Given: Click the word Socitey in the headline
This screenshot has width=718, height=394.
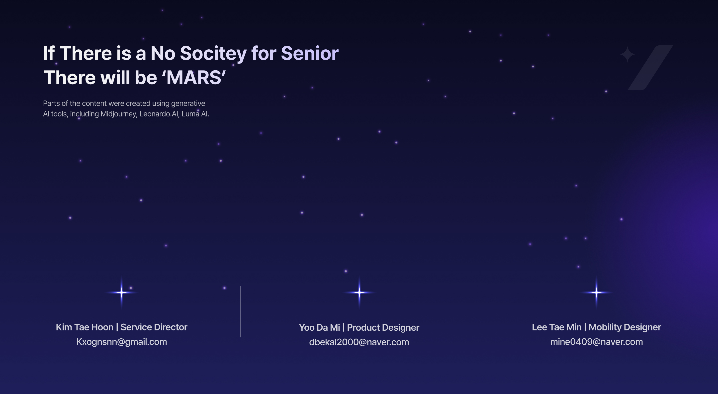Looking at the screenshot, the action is coord(213,54).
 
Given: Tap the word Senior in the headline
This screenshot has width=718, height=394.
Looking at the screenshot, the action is coord(310,53).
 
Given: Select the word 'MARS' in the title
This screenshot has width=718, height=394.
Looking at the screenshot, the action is coord(194,78).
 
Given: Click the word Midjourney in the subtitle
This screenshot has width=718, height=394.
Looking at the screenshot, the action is coord(119,114).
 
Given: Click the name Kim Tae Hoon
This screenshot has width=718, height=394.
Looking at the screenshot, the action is coord(85,327).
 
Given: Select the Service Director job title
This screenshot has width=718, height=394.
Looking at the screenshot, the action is coord(154,327).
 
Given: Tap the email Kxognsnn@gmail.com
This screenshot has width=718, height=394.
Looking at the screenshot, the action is coord(121,342).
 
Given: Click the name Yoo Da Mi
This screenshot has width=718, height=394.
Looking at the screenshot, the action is coord(319,328).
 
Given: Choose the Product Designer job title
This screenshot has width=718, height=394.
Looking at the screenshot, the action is coord(383,328).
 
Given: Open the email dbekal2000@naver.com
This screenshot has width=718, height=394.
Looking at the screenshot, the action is coord(359,342).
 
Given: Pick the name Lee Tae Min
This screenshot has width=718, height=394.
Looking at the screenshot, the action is coord(557,327).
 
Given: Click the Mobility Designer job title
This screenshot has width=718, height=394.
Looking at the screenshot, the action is coord(625,327).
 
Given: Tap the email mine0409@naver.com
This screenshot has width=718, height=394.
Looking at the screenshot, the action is coord(597,342).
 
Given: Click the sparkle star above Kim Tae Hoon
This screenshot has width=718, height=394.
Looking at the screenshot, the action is coord(121,293).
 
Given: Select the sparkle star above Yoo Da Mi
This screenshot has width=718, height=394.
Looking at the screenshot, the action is coord(359,293).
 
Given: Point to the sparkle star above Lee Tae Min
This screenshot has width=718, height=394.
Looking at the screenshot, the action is coord(597,293).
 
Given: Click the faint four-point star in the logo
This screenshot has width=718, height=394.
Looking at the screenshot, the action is coord(628,54).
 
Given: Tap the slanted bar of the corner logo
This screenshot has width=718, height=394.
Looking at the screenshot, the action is coord(650,68).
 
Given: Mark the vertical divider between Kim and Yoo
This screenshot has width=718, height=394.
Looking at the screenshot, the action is coord(240,311).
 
